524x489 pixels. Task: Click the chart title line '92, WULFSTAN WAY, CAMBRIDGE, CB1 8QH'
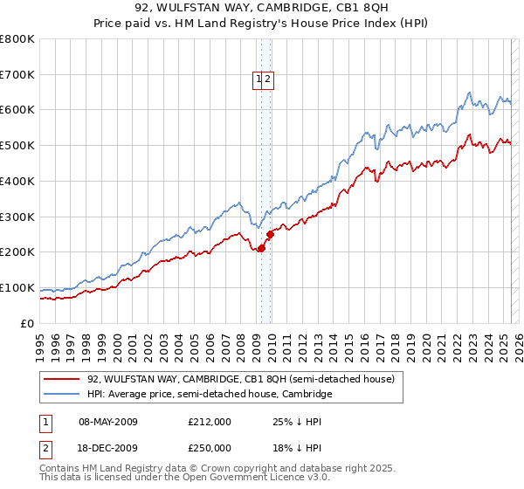pos(262,8)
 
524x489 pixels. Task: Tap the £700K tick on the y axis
pos(17,75)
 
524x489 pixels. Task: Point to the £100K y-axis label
pos(17,287)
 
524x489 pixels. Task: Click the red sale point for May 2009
pos(261,248)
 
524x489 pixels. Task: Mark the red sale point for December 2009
pos(271,234)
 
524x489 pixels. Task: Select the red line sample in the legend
pos(63,380)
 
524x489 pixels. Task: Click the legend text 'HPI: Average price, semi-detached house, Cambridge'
pos(210,395)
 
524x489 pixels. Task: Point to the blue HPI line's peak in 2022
pos(470,92)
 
